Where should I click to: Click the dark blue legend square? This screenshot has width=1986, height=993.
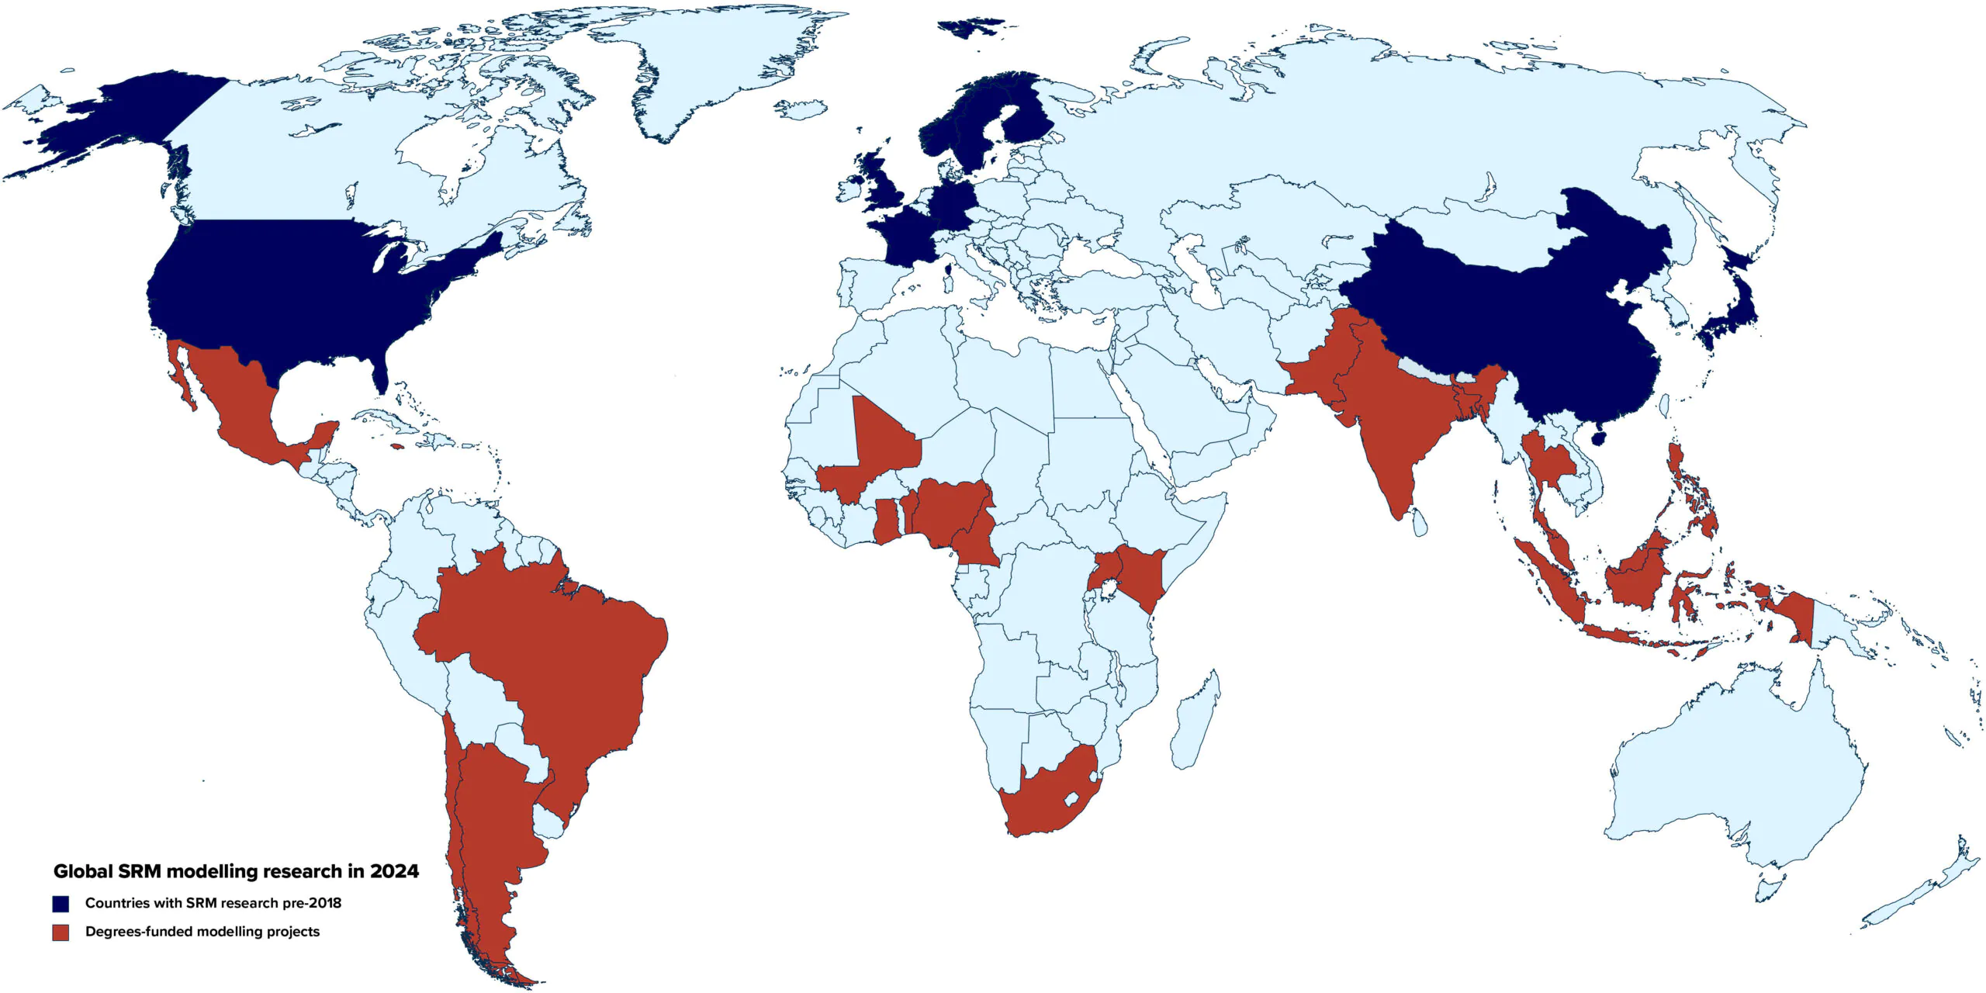[x=61, y=904]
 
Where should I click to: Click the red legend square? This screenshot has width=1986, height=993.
[x=61, y=932]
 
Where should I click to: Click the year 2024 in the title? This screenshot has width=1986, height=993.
[x=394, y=871]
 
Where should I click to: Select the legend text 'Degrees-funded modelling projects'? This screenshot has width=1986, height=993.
[x=202, y=932]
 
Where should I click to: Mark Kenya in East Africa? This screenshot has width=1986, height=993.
[x=1140, y=574]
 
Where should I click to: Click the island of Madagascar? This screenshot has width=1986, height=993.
[x=1195, y=721]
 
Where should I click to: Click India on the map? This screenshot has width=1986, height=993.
[x=1389, y=419]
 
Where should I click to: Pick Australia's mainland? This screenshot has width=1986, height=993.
[x=1738, y=776]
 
